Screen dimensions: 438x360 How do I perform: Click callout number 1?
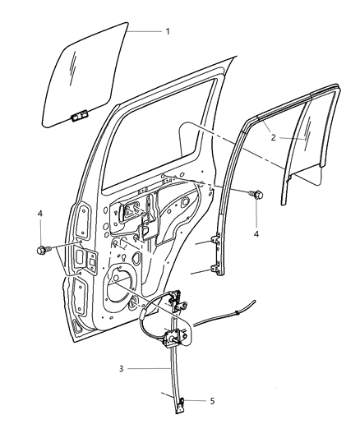point(168,31)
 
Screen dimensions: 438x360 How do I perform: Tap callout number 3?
point(121,369)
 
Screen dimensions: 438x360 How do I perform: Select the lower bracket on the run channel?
point(217,270)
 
